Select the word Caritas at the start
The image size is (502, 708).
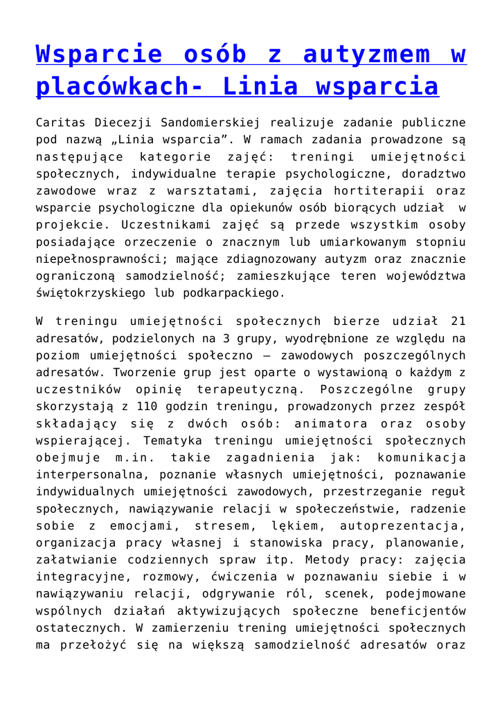click(x=58, y=123)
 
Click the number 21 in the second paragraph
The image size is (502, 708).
click(x=458, y=322)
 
